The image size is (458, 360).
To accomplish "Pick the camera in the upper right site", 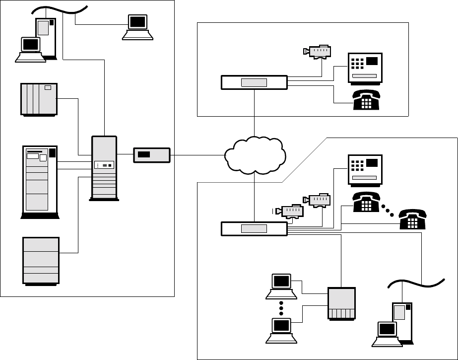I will pos(318,51).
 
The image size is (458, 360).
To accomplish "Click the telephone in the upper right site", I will pos(366,98).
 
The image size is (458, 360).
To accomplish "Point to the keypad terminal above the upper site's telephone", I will pos(364,68).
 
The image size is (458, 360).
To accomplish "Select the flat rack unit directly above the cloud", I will pos(254,82).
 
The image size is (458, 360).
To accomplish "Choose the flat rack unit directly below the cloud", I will pos(254,229).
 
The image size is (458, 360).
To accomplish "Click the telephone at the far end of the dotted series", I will pos(413,218).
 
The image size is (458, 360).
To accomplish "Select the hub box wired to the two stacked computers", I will pos(342,303).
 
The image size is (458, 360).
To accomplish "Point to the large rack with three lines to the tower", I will pos(40,181).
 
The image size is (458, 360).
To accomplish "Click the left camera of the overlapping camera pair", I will pos(291,211).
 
